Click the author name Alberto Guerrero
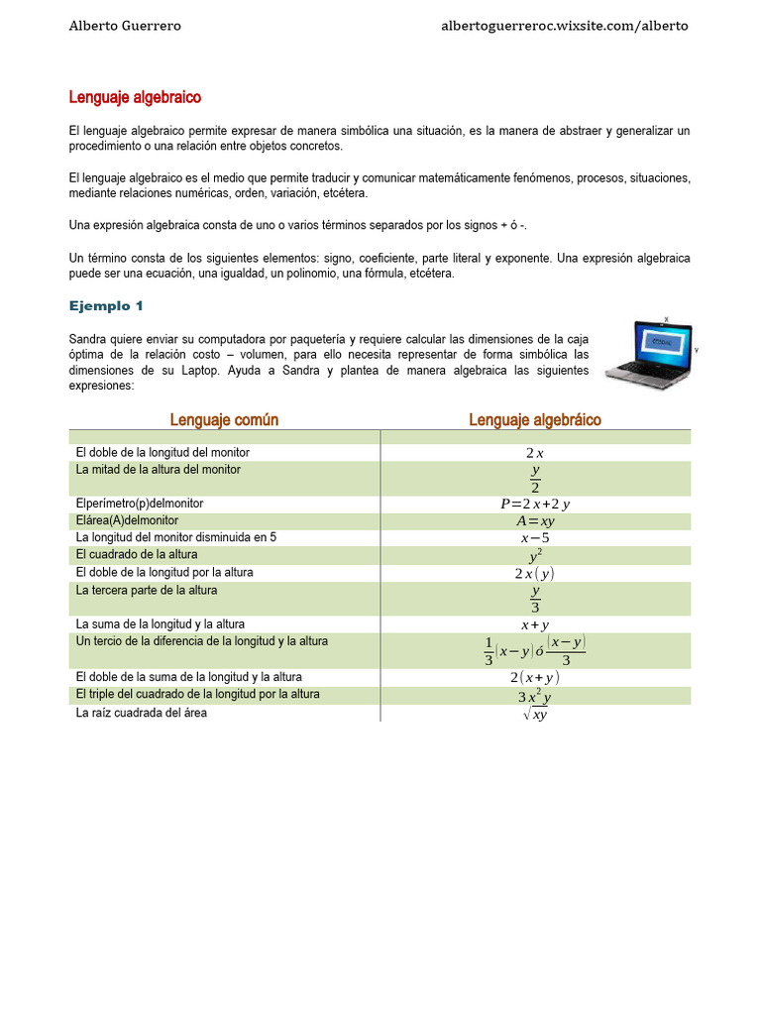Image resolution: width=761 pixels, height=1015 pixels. tap(125, 26)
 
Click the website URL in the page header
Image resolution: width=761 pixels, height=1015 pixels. tap(564, 26)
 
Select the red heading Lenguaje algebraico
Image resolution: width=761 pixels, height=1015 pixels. tap(135, 97)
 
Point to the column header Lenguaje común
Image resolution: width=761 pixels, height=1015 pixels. tap(224, 419)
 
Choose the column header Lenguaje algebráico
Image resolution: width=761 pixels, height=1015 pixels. tap(534, 419)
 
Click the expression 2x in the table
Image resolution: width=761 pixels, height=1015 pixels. tap(534, 453)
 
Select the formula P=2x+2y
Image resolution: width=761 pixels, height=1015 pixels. tap(534, 504)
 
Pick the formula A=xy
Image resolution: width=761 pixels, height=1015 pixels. tap(534, 520)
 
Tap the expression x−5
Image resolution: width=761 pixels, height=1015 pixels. tap(534, 538)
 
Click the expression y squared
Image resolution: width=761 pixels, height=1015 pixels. tap(534, 556)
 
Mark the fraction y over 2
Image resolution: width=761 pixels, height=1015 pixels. tap(534, 479)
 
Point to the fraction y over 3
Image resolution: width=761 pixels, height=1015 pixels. tap(534, 599)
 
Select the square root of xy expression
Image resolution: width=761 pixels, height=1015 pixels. tap(534, 714)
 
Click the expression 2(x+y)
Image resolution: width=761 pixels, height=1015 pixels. tap(534, 677)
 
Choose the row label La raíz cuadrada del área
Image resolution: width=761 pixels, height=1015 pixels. tap(142, 713)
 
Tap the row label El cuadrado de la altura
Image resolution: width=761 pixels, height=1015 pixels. tap(137, 554)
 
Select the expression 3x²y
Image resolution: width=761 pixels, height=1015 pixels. tap(534, 696)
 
